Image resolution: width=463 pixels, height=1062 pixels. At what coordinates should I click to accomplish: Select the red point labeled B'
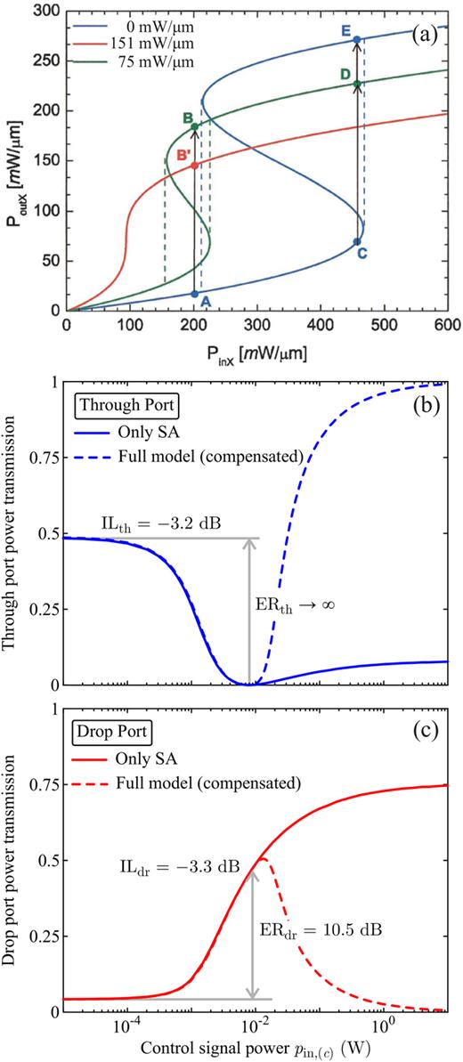pos(194,165)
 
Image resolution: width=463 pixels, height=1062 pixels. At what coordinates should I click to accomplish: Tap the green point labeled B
pos(194,126)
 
